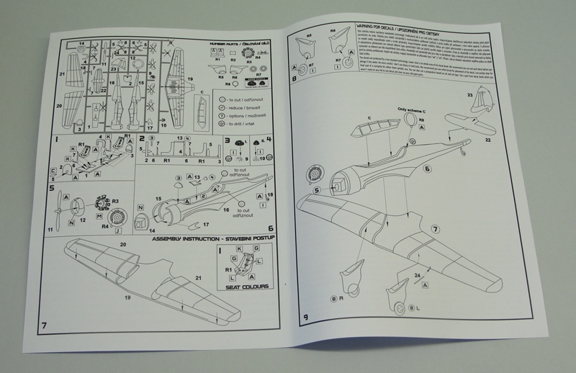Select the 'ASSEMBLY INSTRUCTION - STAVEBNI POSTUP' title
(204, 238)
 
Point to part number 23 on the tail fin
(469, 95)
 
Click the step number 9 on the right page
(307, 316)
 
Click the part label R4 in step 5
(99, 227)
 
